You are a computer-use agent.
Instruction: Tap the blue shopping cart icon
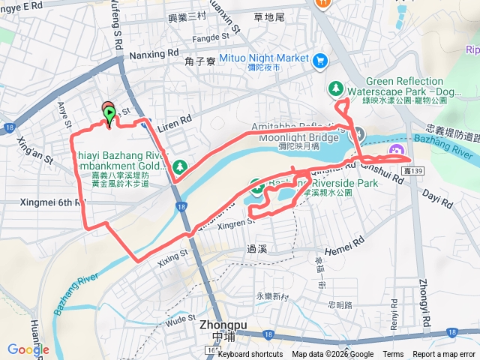[321, 59]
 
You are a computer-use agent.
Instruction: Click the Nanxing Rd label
[154, 54]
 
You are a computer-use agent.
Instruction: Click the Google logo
[28, 349]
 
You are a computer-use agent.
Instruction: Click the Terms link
[392, 355]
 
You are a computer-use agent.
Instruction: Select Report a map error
[443, 355]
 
